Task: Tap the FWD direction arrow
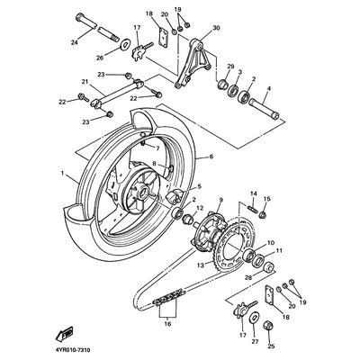click(x=64, y=333)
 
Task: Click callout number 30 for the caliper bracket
click(x=216, y=28)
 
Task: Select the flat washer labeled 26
click(x=124, y=44)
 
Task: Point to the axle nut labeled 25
click(x=267, y=325)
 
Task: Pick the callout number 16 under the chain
click(x=167, y=324)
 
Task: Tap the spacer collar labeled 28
click(x=268, y=266)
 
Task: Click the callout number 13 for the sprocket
click(x=201, y=265)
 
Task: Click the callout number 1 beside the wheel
click(x=62, y=173)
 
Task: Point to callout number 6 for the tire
click(x=211, y=157)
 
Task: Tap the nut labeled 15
click(x=263, y=214)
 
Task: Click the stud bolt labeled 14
click(x=252, y=208)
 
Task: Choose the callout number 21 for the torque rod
click(x=85, y=81)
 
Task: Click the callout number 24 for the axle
click(x=74, y=42)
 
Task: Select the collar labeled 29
click(x=223, y=84)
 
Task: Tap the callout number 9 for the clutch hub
click(x=221, y=199)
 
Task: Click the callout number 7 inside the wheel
click(x=157, y=148)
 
